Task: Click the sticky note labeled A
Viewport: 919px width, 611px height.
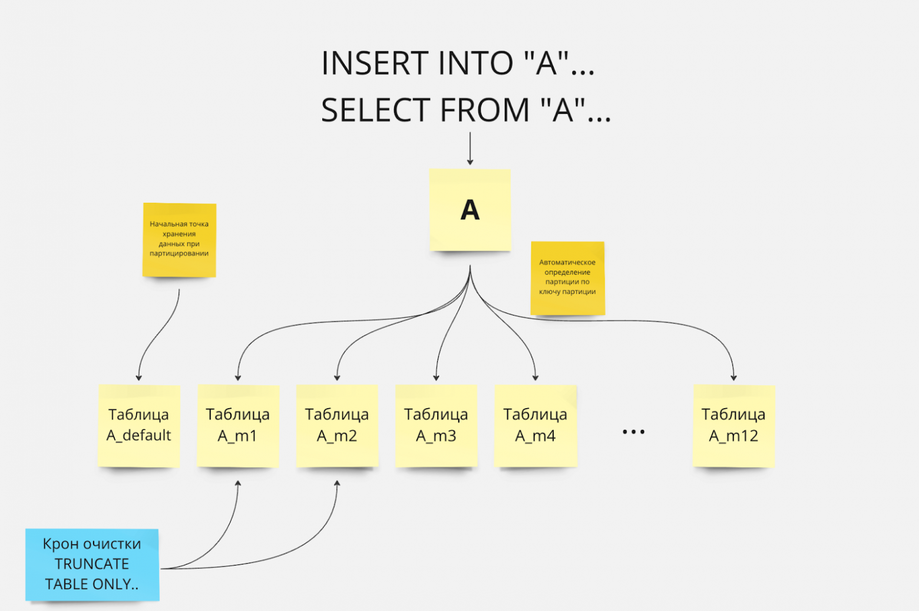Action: [470, 210]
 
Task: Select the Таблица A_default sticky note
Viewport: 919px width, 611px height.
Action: [138, 425]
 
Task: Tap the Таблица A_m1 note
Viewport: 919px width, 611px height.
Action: [237, 425]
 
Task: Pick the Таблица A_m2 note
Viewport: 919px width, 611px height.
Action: [336, 425]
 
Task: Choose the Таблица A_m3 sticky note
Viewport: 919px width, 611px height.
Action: [436, 425]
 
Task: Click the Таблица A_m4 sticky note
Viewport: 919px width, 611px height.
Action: [535, 425]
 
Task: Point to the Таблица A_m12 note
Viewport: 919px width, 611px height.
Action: [733, 425]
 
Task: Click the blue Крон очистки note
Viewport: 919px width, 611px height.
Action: [92, 564]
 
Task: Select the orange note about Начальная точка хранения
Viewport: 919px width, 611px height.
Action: [179, 239]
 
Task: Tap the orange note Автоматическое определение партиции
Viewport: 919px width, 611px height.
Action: [567, 277]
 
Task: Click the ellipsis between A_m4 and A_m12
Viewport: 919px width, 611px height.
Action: [633, 432]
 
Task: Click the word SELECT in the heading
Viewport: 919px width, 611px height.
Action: [375, 110]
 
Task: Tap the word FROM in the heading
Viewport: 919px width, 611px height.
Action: [485, 110]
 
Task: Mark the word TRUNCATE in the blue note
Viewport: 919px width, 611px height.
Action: [92, 564]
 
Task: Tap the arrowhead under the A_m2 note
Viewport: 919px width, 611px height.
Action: [337, 484]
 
